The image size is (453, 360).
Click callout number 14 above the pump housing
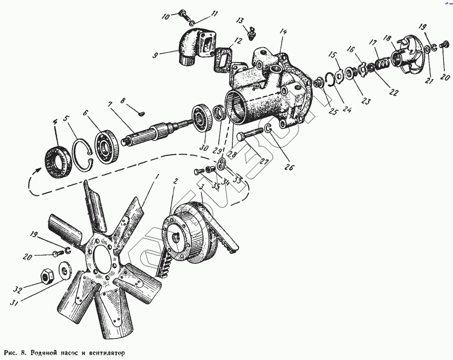[x=283, y=32]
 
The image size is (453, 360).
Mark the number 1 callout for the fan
[x=157, y=175]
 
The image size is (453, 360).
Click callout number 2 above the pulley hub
[x=176, y=180]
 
